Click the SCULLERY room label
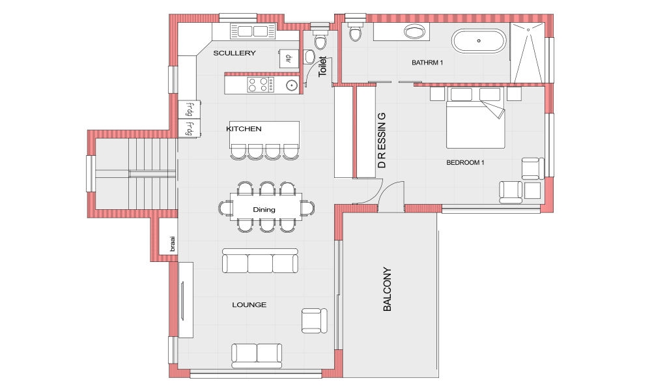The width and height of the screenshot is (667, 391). click(x=234, y=53)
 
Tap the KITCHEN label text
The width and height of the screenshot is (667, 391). click(x=244, y=129)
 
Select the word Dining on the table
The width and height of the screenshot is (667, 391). click(x=264, y=209)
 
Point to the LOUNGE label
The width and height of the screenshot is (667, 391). click(x=249, y=304)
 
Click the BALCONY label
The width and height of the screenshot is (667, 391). click(x=387, y=289)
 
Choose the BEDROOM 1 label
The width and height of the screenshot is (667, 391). click(x=465, y=162)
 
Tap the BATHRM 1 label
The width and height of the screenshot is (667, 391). click(x=427, y=63)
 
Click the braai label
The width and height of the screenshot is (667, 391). click(x=172, y=244)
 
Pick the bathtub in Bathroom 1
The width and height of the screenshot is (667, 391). click(x=479, y=41)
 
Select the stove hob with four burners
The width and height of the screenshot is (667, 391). click(x=261, y=85)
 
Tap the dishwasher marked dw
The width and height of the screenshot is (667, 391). click(x=289, y=58)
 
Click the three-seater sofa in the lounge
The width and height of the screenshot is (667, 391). click(x=260, y=261)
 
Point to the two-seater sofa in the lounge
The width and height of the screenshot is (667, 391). click(x=257, y=356)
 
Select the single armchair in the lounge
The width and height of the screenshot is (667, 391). click(x=315, y=321)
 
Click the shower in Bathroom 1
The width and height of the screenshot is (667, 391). click(x=528, y=53)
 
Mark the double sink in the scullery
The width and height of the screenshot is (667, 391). click(x=253, y=31)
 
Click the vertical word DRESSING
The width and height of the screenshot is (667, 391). click(x=382, y=140)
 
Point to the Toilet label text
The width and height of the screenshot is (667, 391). click(x=322, y=66)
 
